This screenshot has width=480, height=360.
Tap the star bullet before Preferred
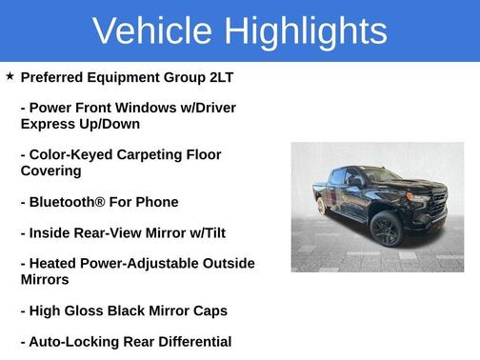click(x=10, y=75)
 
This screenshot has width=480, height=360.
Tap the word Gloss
click(x=92, y=310)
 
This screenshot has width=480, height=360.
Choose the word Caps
click(x=208, y=310)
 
